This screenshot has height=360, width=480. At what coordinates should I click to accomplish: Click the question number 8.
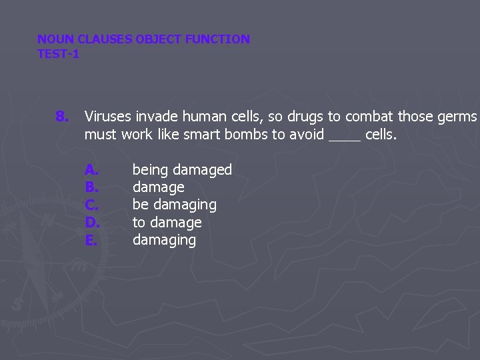61,117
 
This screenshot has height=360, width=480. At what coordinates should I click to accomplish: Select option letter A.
91,171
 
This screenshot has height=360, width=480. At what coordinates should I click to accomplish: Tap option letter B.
91,188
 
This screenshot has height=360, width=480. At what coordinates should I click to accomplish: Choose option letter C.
91,205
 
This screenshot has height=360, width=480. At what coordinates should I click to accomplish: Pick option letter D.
92,223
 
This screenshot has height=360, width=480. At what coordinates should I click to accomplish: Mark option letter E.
91,240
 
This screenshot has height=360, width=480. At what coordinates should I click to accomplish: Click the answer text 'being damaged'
182,171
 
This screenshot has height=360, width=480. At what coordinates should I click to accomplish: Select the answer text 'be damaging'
174,205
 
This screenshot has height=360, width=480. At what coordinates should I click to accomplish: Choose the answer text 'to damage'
167,223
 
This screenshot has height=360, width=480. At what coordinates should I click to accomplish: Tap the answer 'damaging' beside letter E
164,240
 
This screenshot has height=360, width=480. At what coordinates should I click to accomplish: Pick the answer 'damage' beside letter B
158,188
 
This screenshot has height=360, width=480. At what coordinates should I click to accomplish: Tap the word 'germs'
457,117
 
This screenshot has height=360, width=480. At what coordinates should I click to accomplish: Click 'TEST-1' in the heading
58,54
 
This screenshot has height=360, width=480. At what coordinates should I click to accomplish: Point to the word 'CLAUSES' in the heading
105,39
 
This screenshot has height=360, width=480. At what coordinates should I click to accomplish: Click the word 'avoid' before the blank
306,135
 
